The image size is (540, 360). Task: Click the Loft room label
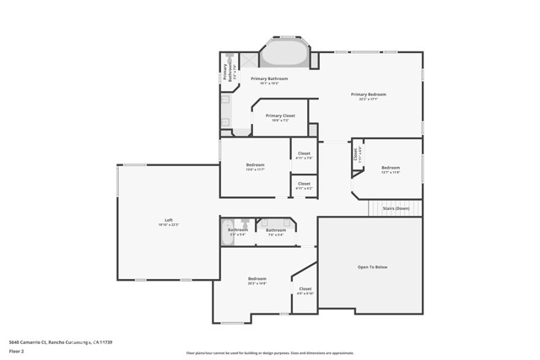[168, 220]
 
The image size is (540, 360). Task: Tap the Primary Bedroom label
[367, 94]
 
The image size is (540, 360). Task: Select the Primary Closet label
[279, 116]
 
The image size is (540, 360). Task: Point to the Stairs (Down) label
[396, 207]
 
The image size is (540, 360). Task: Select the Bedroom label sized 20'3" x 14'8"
[257, 279]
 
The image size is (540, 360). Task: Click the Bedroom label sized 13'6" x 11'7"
[255, 164]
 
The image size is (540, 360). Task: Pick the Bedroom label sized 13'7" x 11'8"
[390, 168]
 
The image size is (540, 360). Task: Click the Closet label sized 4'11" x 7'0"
[304, 153]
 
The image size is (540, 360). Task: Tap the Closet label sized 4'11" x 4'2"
[304, 183]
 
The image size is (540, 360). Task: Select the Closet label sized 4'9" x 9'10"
[305, 289]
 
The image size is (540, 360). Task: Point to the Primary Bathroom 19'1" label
[269, 78]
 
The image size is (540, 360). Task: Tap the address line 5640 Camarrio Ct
[60, 342]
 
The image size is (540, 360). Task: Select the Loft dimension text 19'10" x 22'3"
[168, 225]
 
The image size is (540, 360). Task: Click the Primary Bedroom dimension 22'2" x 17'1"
[367, 99]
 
